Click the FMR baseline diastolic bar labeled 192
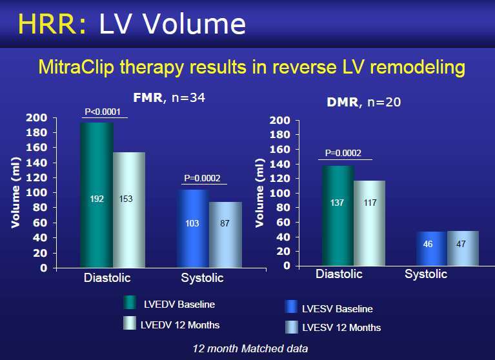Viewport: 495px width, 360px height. pyautogui.click(x=97, y=195)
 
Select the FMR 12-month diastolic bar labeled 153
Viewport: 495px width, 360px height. pyautogui.click(x=129, y=210)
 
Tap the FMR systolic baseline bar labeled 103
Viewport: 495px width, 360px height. pyautogui.click(x=193, y=229)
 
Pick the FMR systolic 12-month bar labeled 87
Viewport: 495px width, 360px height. pyautogui.click(x=225, y=235)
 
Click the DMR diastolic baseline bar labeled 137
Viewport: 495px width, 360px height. pyautogui.click(x=338, y=215)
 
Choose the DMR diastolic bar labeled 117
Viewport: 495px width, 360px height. pyautogui.click(x=370, y=223)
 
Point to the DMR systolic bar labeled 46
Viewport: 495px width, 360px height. pyautogui.click(x=432, y=248)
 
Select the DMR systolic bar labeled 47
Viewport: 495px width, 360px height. pyautogui.click(x=463, y=248)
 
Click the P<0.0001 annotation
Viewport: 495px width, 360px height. pyautogui.click(x=103, y=112)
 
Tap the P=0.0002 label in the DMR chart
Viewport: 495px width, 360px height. pyautogui.click(x=343, y=153)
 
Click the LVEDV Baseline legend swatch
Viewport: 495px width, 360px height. pyautogui.click(x=130, y=303)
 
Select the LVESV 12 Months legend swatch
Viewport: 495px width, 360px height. pyautogui.click(x=291, y=327)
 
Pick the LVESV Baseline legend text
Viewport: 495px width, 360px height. pyautogui.click(x=337, y=308)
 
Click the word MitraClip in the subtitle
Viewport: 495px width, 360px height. pyautogui.click(x=76, y=67)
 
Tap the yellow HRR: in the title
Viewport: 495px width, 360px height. pyautogui.click(x=52, y=24)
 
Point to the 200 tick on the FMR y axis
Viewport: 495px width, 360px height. pyautogui.click(x=37, y=117)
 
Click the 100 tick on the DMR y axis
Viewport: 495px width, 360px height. pyautogui.click(x=280, y=193)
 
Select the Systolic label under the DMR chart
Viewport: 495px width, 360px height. pyautogui.click(x=426, y=274)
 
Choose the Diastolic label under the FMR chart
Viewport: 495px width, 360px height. pyautogui.click(x=107, y=277)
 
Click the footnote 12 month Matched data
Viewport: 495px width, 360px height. pyautogui.click(x=250, y=348)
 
